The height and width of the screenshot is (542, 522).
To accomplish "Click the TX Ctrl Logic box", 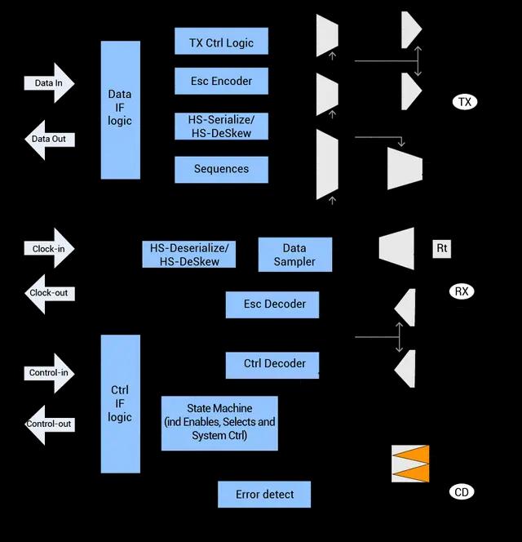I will (x=221, y=41).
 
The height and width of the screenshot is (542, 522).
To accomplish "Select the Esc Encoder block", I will (x=221, y=81).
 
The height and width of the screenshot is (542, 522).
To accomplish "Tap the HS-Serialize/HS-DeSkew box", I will (x=221, y=126).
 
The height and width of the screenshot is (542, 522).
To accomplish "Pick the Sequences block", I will (x=221, y=169).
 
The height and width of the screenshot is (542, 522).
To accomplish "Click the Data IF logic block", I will (x=120, y=109).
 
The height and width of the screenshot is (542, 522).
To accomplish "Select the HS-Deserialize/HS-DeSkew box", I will (x=188, y=254).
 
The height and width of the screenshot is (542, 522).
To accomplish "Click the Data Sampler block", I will (x=294, y=255).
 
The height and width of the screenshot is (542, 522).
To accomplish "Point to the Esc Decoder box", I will (x=272, y=304).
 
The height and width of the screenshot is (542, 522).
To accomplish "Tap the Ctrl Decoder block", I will (x=272, y=364).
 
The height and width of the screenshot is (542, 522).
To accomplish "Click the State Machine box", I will (x=219, y=423).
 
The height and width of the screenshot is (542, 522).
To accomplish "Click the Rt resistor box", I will (x=441, y=248).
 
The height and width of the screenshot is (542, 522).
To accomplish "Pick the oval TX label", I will (x=465, y=102).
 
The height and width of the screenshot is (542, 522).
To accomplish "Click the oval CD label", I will (x=462, y=492).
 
